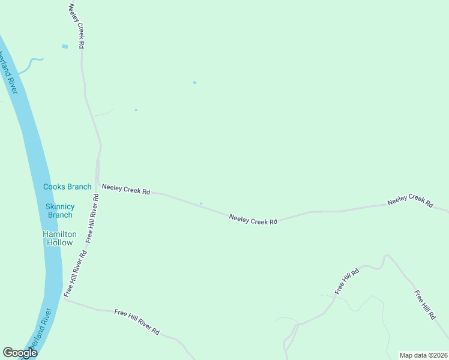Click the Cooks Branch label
point(67,187)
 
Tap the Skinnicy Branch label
point(60,211)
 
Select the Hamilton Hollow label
point(59,238)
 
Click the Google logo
point(20,353)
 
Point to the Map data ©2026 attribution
point(423,355)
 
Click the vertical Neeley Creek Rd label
point(76,26)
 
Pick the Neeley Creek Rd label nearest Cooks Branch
point(125,189)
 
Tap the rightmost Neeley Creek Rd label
point(410,200)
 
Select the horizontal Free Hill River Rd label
point(136,322)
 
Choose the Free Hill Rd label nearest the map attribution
point(425,305)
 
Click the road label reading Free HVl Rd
point(346,280)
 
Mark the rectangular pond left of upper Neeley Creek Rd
point(65,46)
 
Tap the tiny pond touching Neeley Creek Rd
point(201,203)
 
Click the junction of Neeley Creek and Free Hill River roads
point(97,184)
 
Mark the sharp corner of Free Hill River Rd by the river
point(65,300)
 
